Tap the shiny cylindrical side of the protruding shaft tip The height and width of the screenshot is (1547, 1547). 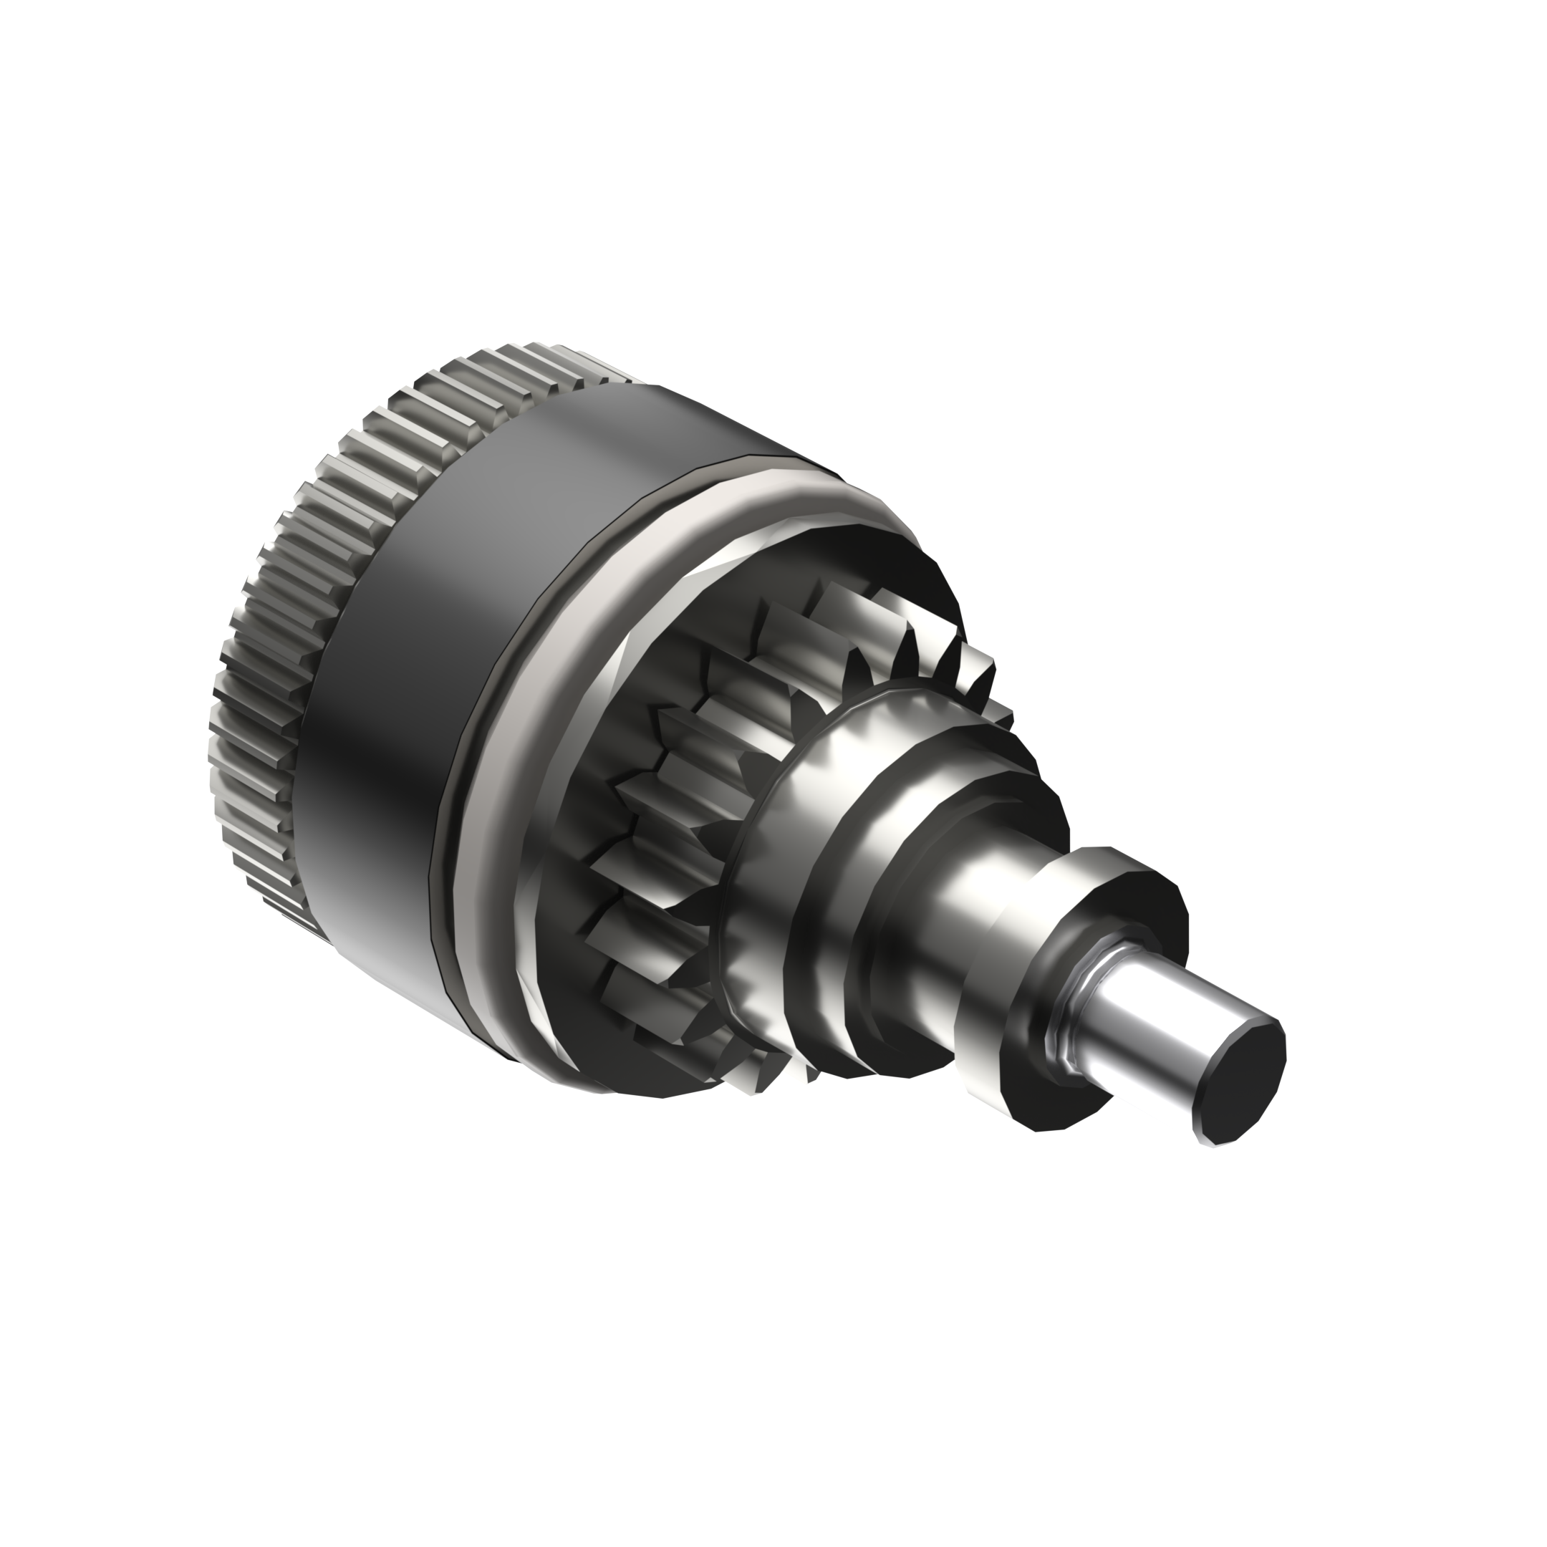[x=1153, y=1033]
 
